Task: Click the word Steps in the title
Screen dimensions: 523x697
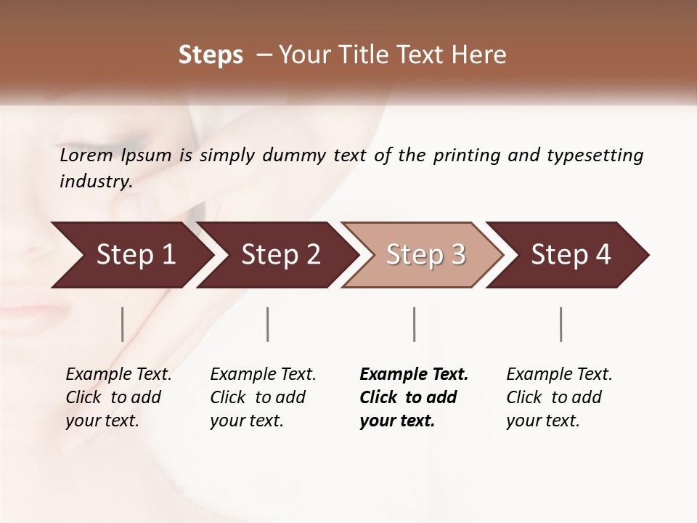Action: coord(211,55)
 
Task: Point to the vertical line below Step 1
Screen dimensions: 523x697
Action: coord(123,324)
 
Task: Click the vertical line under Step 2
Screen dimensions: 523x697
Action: coord(268,324)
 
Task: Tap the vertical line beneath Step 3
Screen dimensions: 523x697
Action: coord(414,324)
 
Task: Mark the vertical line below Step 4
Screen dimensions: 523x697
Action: coord(561,324)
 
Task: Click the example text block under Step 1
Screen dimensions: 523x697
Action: coord(118,397)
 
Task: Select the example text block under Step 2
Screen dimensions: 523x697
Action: coord(263,397)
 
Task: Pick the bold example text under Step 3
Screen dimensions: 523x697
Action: coord(414,397)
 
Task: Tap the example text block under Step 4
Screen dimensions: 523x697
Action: coord(559,397)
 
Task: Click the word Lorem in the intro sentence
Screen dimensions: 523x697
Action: coord(86,155)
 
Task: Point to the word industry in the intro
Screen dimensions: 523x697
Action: coord(96,182)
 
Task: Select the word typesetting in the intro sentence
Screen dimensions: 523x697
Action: coord(595,156)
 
